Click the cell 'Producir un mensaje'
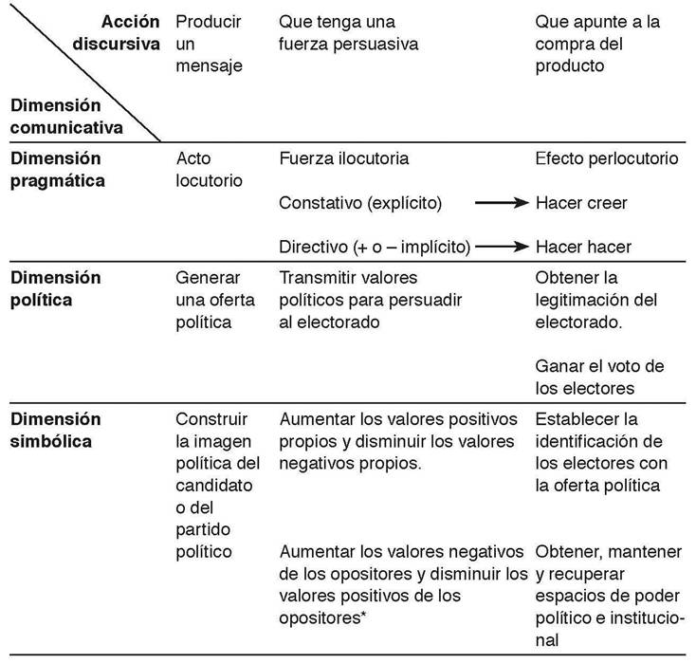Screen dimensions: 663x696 click(x=209, y=44)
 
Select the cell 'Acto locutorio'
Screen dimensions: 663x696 click(x=210, y=169)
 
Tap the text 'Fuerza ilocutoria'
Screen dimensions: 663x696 click(x=344, y=159)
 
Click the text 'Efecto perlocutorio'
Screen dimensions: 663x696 click(x=607, y=159)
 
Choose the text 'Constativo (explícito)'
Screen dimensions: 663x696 click(x=361, y=203)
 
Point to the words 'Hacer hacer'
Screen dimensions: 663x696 click(x=583, y=248)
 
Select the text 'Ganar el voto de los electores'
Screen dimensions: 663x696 click(x=599, y=377)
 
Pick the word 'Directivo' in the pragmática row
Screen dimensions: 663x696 click(x=310, y=248)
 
